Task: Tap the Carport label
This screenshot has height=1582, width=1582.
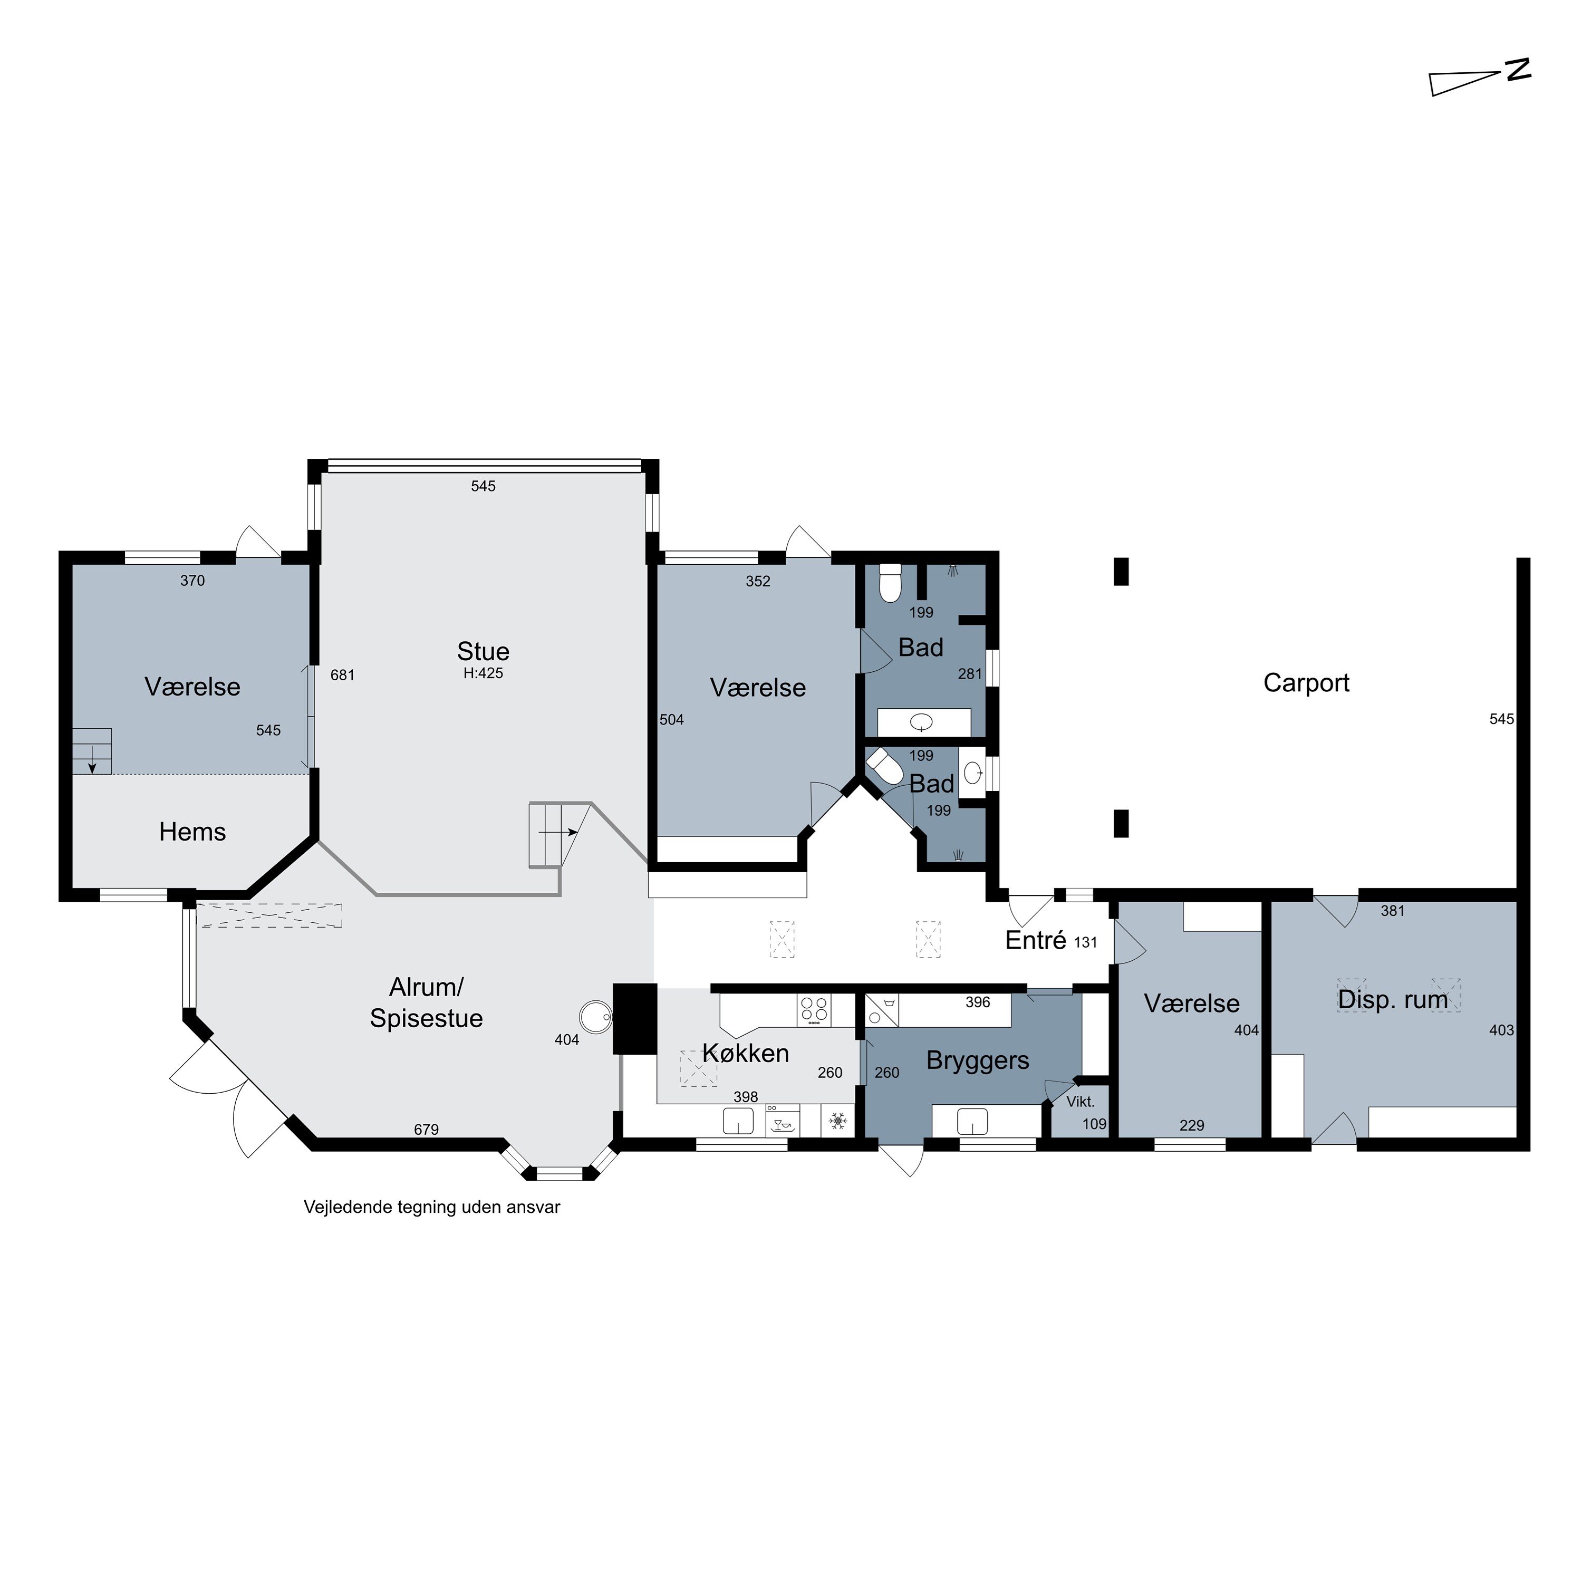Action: [1306, 683]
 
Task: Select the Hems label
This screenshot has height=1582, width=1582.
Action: [192, 832]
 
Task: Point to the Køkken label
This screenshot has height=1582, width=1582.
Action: [746, 1053]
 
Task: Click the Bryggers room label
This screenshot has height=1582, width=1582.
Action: [978, 1061]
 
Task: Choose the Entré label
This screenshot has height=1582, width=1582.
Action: [1036, 940]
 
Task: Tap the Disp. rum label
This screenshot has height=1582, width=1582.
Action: [1393, 1000]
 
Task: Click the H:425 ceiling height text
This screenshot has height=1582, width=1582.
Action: [483, 673]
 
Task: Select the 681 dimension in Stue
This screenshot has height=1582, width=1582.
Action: [342, 676]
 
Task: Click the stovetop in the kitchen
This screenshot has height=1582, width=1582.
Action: [814, 1010]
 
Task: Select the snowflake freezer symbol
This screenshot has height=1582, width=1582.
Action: [838, 1121]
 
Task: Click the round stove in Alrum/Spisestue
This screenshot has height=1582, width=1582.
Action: [595, 1018]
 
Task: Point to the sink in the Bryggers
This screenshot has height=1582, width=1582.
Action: [973, 1121]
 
